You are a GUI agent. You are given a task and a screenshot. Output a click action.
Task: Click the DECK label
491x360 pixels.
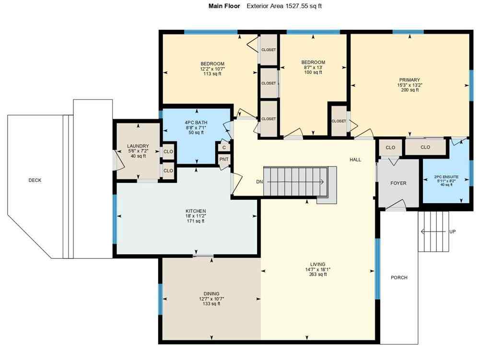[35, 180]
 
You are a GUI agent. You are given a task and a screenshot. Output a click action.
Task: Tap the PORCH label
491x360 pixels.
[399, 278]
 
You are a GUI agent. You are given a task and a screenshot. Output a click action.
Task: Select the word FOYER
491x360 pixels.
[398, 183]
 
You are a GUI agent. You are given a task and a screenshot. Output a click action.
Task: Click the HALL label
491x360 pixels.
[355, 160]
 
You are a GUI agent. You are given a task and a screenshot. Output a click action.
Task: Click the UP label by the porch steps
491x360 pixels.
[452, 232]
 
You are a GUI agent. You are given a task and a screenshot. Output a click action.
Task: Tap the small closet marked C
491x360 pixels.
[224, 148]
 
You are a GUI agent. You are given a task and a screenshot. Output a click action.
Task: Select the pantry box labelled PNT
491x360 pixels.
[224, 160]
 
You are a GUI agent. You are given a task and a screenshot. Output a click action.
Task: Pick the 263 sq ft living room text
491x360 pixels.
[317, 275]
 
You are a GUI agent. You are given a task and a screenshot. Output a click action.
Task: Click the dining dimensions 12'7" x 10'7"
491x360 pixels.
[211, 299]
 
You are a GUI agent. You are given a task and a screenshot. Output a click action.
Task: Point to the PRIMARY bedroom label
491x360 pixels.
[409, 80]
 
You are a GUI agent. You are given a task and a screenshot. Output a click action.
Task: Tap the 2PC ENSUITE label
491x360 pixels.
[446, 177]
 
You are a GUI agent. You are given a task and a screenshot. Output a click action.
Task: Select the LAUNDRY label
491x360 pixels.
[138, 146]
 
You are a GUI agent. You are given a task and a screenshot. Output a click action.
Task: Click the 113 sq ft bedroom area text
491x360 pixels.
[212, 74]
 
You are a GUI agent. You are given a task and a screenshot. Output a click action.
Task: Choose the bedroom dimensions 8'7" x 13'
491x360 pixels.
[313, 68]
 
